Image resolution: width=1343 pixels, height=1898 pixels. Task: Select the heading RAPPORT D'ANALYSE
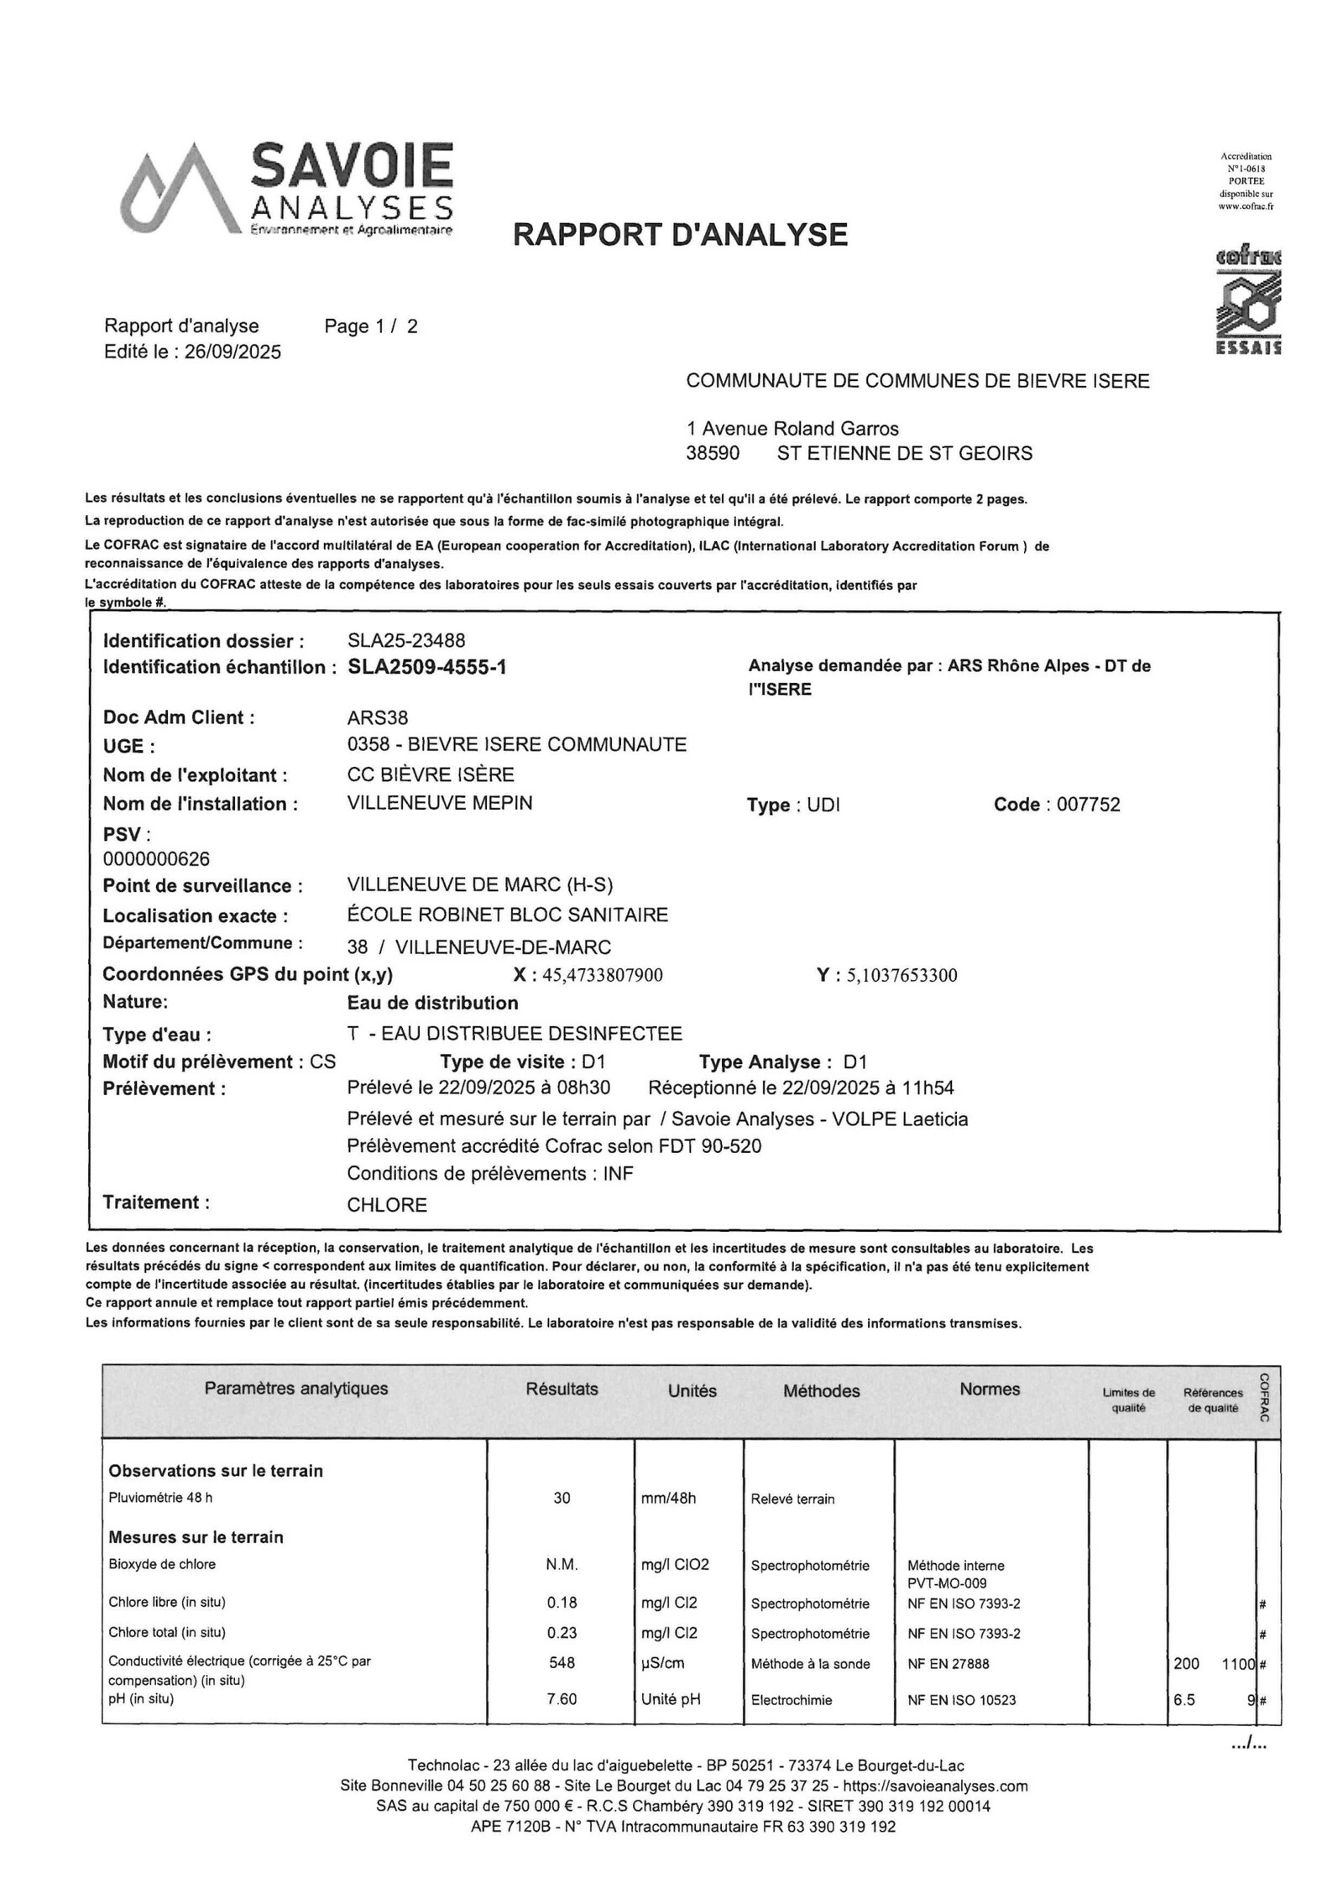point(680,234)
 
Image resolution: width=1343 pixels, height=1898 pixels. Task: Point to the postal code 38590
point(713,453)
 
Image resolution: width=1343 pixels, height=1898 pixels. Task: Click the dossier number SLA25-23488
point(405,641)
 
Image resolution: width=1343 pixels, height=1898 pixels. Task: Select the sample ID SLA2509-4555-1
point(426,667)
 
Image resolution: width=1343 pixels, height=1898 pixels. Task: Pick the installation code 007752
point(1088,805)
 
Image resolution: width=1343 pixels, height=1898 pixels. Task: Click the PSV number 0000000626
point(156,859)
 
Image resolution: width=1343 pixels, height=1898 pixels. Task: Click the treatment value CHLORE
point(387,1205)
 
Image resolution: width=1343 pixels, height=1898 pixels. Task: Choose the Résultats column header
point(562,1389)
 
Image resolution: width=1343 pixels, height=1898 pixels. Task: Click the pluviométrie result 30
point(562,1498)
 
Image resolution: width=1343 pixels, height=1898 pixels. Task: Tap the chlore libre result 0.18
point(562,1603)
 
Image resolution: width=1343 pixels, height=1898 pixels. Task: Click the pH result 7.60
point(562,1699)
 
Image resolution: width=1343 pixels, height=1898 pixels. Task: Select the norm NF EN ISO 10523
point(961,1700)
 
